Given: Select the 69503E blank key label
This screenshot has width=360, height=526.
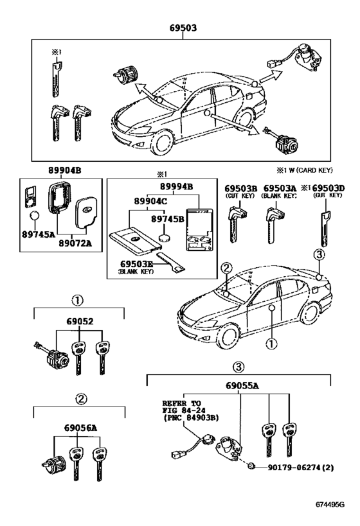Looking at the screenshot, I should (x=135, y=263).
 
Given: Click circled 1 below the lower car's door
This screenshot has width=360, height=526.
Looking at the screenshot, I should (x=272, y=344).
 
